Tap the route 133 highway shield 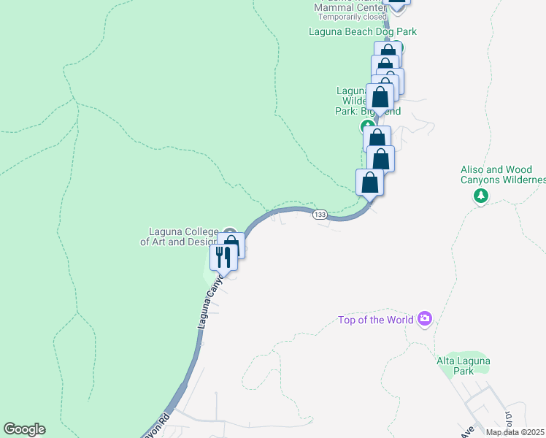click(320, 215)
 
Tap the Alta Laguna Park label click(464, 366)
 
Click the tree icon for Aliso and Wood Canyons click(481, 196)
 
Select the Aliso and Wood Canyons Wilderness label click(503, 174)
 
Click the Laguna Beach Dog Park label click(363, 31)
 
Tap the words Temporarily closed click(350, 17)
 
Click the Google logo click(24, 429)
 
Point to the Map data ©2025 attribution click(515, 432)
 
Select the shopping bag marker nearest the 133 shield click(369, 182)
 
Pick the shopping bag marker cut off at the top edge click(396, 2)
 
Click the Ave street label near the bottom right click(466, 431)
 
